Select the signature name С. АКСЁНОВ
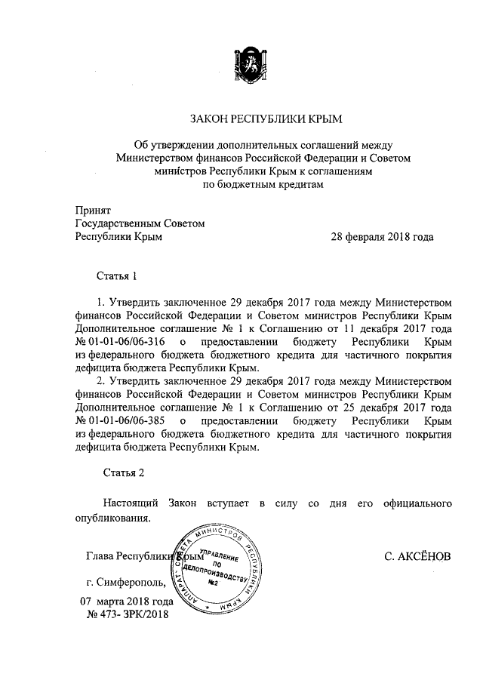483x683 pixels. click(x=417, y=557)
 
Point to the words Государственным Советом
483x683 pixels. click(x=140, y=223)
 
